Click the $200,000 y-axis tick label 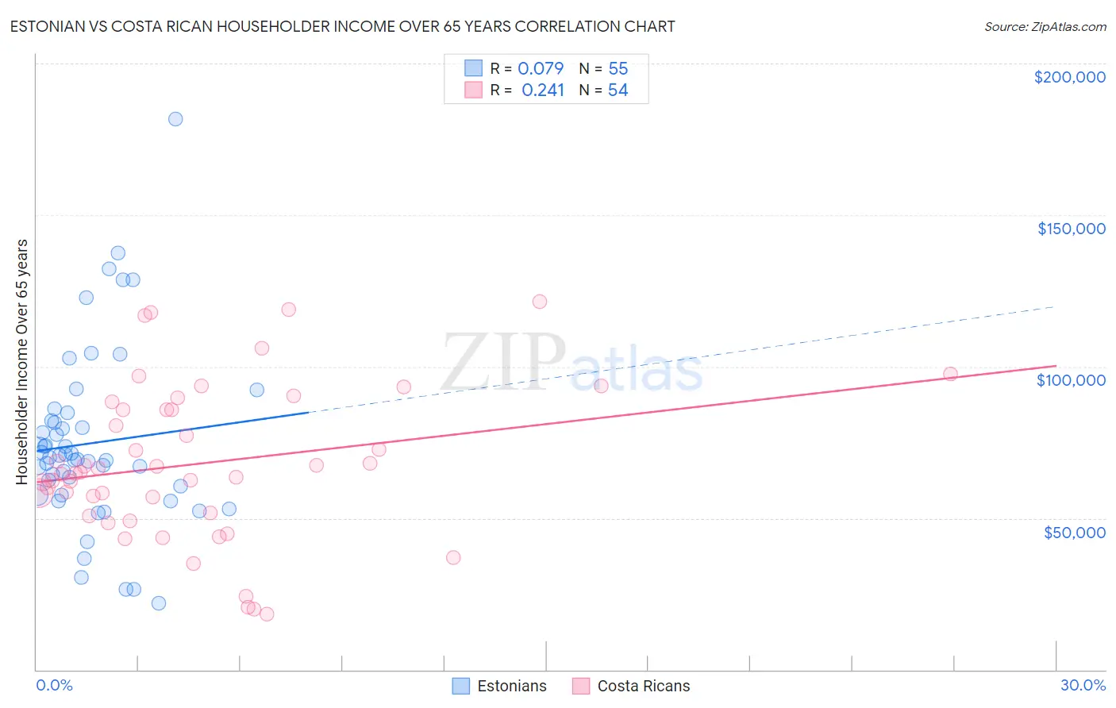point(1069,77)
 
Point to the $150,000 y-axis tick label point(1071,229)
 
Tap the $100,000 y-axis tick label point(1071,380)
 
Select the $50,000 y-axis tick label point(1074,532)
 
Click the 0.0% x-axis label point(54,685)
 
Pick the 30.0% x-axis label point(1083,685)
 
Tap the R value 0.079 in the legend point(541,69)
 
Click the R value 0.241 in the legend point(543,90)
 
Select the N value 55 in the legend point(618,69)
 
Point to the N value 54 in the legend point(618,90)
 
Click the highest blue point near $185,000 point(175,119)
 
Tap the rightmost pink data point point(950,374)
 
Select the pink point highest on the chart point(540,302)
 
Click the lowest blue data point point(159,603)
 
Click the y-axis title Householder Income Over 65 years point(22,361)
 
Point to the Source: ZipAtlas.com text point(1045,27)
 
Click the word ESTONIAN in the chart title point(49,27)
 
